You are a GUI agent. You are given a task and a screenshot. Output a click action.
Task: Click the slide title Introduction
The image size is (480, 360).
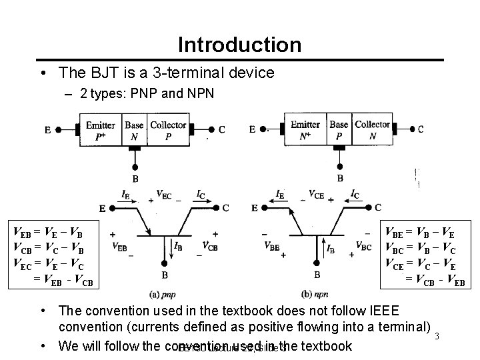point(239,45)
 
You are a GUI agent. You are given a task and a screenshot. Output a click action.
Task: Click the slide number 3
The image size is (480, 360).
point(436,335)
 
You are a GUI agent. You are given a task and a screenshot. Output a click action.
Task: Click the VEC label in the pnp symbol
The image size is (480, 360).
point(163,195)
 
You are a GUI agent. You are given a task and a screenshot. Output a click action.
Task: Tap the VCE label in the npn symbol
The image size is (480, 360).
point(317,195)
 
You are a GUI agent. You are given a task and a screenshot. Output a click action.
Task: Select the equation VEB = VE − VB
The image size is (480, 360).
point(48,233)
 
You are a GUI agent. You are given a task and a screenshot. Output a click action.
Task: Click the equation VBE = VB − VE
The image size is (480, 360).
point(422,233)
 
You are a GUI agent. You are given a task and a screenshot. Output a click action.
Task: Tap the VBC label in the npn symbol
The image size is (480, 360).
point(364,245)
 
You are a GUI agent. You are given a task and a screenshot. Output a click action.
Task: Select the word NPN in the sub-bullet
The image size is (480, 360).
point(197,93)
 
